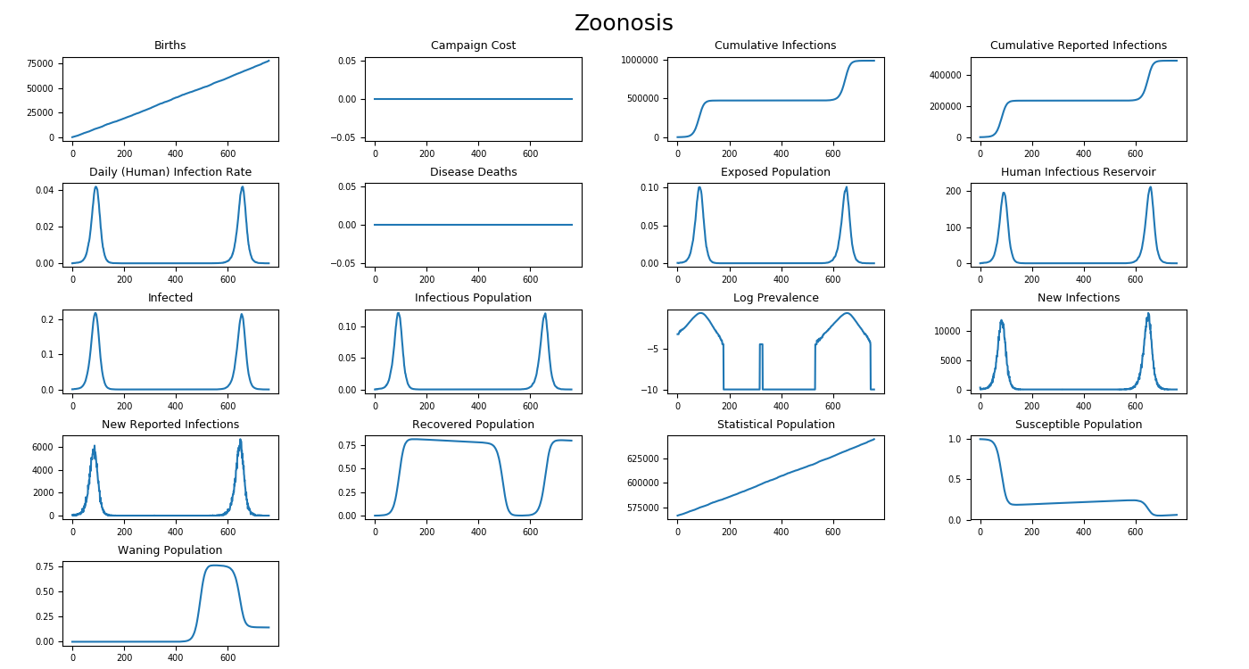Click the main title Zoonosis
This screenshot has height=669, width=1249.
point(624,24)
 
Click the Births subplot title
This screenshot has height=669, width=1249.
point(170,45)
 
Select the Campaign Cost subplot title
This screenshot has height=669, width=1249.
point(473,45)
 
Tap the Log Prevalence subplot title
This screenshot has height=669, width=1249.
point(775,298)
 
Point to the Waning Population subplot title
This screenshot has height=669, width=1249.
point(170,550)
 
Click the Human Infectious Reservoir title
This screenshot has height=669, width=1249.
point(1078,172)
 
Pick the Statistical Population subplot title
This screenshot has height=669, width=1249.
point(775,425)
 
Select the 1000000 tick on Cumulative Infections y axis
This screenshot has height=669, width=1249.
point(639,60)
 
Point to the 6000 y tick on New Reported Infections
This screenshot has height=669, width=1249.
point(46,447)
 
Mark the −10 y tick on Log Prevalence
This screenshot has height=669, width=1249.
point(649,390)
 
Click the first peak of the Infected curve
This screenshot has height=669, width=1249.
point(95,313)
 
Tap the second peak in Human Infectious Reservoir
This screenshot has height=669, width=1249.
point(1150,187)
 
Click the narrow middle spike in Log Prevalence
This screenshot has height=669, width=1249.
point(760,344)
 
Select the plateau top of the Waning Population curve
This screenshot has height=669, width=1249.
point(214,565)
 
